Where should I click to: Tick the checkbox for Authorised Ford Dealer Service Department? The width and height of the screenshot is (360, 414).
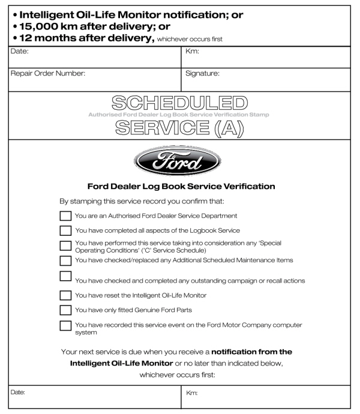[x=65, y=215]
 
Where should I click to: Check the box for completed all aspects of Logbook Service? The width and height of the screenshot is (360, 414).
[x=65, y=230]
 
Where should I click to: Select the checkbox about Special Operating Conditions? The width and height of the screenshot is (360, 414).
[x=65, y=245]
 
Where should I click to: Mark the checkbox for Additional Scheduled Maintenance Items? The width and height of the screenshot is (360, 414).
[x=65, y=260]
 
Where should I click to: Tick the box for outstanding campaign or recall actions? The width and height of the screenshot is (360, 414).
[x=65, y=277]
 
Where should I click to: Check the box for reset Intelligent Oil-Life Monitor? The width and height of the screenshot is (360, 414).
[x=65, y=295]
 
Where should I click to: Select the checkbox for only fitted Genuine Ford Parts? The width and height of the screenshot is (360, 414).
[x=65, y=310]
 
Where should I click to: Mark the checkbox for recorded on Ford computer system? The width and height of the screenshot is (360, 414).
[x=65, y=326]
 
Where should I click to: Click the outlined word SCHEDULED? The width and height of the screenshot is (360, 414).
[x=180, y=103]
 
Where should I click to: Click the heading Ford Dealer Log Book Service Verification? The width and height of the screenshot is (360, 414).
[x=180, y=187]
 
